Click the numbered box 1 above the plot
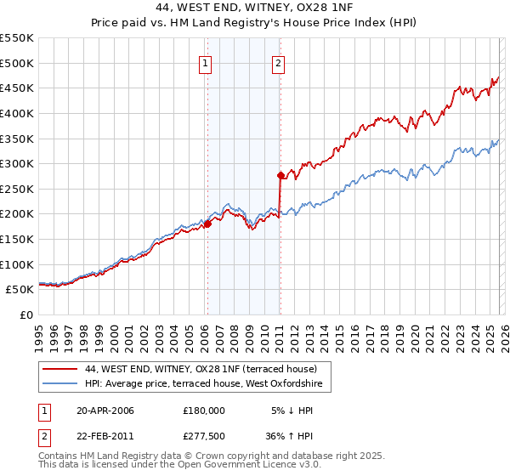point(207,62)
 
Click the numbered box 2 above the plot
point(279,62)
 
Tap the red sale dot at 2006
point(207,224)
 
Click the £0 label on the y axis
point(25,314)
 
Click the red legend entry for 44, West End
point(201,369)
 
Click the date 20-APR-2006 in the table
point(105,411)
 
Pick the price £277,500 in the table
point(203,439)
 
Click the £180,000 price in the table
point(203,411)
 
